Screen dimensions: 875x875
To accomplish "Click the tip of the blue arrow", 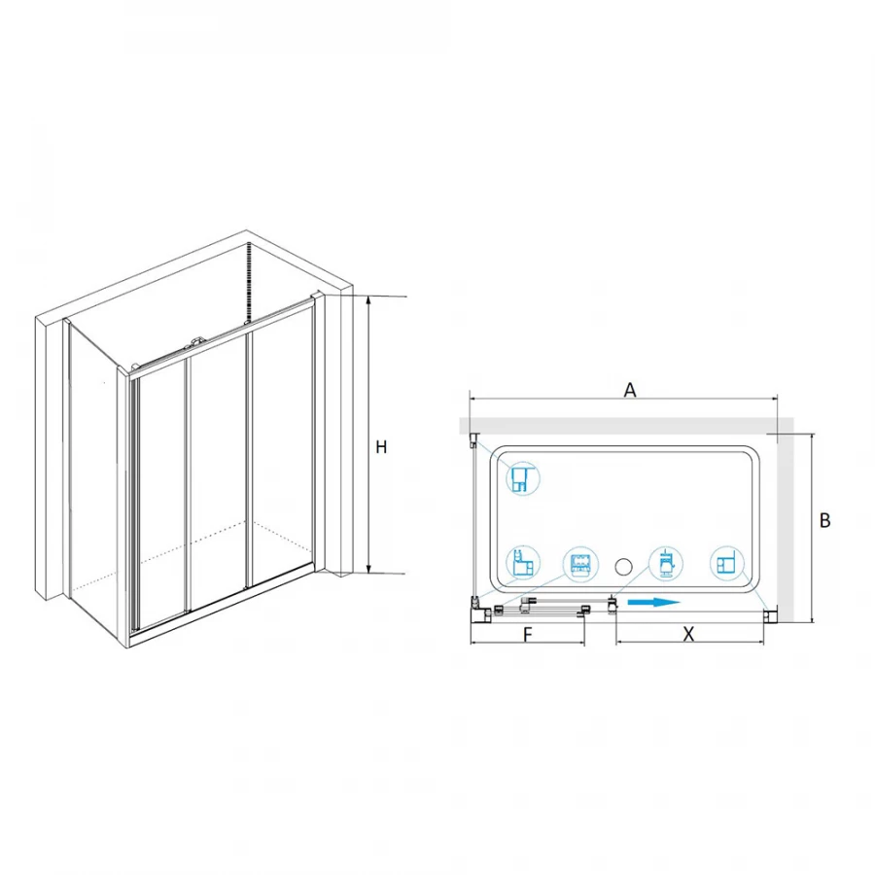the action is pyautogui.click(x=681, y=602).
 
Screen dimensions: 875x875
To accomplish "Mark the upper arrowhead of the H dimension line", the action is pyautogui.click(x=368, y=297).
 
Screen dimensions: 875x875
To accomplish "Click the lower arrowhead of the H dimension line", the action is pyautogui.click(x=368, y=573).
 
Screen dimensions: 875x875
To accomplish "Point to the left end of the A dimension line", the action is pyautogui.click(x=470, y=399).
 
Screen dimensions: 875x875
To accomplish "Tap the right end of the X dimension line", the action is pyautogui.click(x=764, y=643).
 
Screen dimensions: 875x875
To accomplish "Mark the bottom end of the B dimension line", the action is pyautogui.click(x=813, y=622).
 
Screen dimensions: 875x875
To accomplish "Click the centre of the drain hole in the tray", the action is pyautogui.click(x=623, y=567).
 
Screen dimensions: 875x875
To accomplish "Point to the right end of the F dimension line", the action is pyautogui.click(x=584, y=643).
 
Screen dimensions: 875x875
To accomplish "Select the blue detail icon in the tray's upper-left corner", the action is pyautogui.click(x=523, y=478).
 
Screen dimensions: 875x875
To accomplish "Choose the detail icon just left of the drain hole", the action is pyautogui.click(x=580, y=564).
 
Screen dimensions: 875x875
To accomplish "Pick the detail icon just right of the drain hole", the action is pyautogui.click(x=667, y=564).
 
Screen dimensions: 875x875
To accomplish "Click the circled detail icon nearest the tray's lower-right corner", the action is pyautogui.click(x=727, y=564).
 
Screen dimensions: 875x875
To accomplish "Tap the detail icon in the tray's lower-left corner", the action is pyautogui.click(x=523, y=564).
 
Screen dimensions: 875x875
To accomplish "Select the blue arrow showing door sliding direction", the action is pyautogui.click(x=654, y=602).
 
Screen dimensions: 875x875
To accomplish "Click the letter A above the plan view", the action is pyautogui.click(x=629, y=390).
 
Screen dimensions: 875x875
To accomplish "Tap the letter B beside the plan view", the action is pyautogui.click(x=824, y=521).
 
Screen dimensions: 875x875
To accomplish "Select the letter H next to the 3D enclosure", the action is pyautogui.click(x=381, y=447).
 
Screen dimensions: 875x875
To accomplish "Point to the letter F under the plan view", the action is pyautogui.click(x=528, y=635).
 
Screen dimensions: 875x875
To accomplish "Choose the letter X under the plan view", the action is pyautogui.click(x=688, y=635).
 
